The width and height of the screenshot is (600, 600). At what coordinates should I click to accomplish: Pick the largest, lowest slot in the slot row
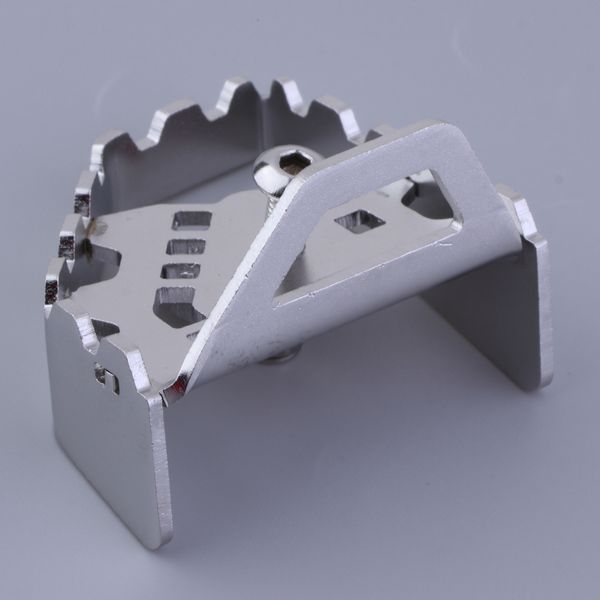pyautogui.click(x=179, y=304)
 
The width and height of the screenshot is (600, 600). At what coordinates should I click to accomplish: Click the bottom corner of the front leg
pyautogui.click(x=150, y=545)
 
